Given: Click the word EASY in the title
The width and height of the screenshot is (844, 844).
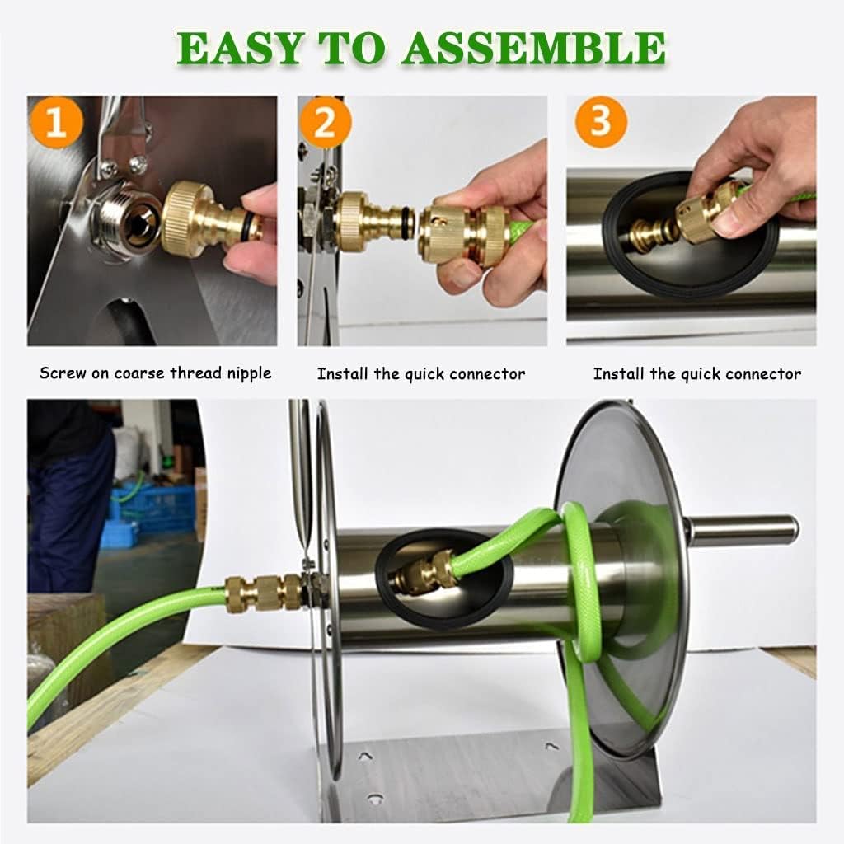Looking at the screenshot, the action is click(240, 48).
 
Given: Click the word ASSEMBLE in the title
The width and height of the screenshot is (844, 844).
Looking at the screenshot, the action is click(534, 48).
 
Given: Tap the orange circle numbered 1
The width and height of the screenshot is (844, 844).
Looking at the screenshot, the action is click(57, 122).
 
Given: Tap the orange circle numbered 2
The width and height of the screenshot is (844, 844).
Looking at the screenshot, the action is click(325, 122).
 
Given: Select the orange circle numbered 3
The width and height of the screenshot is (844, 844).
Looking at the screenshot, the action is click(601, 122).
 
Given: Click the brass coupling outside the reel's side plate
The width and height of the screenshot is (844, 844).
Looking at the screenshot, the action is click(264, 593).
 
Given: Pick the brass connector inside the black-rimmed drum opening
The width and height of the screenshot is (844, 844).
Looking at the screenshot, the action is click(425, 572).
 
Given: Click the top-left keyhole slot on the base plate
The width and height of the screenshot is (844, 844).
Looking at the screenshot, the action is click(365, 757).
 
